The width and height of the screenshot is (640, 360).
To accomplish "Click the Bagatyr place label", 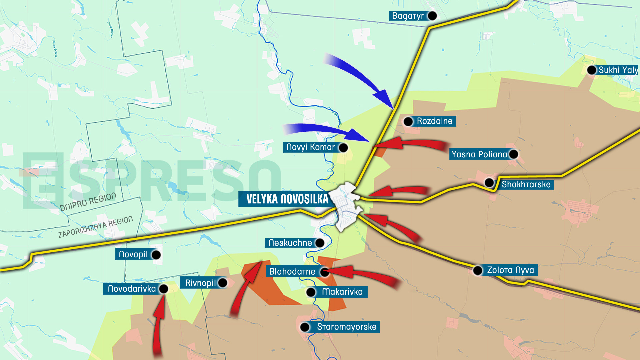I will point(408,16).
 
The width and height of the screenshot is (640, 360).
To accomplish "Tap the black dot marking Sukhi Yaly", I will point(592,70).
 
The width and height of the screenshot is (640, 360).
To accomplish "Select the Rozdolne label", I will point(434,121).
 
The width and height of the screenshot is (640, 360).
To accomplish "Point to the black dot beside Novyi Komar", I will point(343,147).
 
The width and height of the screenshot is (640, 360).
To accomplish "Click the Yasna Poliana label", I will point(479,154).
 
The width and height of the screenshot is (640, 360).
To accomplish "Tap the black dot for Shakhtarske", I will point(489,183).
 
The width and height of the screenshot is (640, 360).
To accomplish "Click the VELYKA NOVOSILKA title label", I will point(287,199).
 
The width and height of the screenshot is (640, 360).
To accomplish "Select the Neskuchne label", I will point(290,243).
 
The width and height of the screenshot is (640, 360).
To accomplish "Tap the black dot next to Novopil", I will point(156,255).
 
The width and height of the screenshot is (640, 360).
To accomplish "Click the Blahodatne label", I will point(292,272).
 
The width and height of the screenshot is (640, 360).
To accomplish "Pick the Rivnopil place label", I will point(200,283).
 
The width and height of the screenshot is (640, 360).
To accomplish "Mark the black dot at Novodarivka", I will point(164,289).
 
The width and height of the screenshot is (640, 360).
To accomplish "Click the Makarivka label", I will point(342,292).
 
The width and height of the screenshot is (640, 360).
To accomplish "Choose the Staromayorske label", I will point(347,327).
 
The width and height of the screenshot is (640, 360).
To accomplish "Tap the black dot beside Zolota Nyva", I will point(478,270).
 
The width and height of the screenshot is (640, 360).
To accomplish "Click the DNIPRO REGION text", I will point(88,202).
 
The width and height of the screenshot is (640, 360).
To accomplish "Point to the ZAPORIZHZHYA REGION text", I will point(96,227).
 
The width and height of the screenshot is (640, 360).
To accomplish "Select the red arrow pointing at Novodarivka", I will point(159,323).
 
